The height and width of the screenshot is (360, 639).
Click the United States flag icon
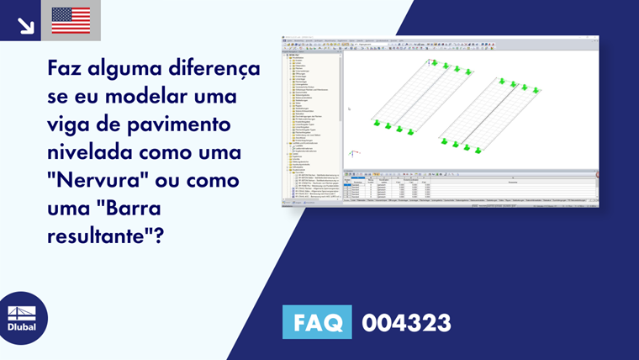[71, 20]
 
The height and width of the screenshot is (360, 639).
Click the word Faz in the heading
[68, 68]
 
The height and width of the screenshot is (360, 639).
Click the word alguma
[132, 68]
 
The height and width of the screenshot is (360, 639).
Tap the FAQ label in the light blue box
[319, 323]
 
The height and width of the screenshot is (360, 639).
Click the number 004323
[406, 323]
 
